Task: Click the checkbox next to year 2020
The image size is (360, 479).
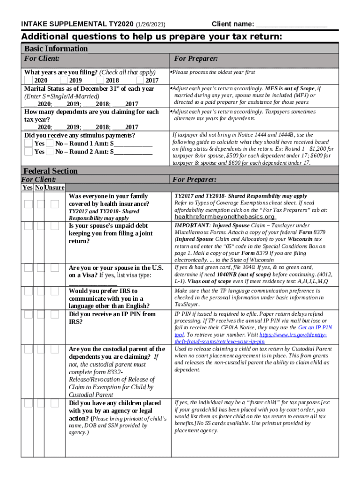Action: click(29, 80)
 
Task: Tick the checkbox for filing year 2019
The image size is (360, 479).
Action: click(64, 80)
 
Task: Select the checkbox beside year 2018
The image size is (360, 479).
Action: click(101, 80)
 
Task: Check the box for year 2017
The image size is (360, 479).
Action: click(140, 80)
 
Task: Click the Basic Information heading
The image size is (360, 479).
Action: click(56, 49)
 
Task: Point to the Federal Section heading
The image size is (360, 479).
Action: click(50, 171)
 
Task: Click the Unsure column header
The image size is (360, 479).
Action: click(54, 188)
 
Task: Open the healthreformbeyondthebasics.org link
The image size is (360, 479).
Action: click(224, 217)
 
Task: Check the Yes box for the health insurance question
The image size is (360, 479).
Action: click(29, 204)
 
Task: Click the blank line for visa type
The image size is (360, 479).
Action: click(93, 283)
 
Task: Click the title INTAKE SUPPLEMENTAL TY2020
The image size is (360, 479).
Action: click(78, 24)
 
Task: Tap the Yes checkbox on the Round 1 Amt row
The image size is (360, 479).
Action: click(29, 144)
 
